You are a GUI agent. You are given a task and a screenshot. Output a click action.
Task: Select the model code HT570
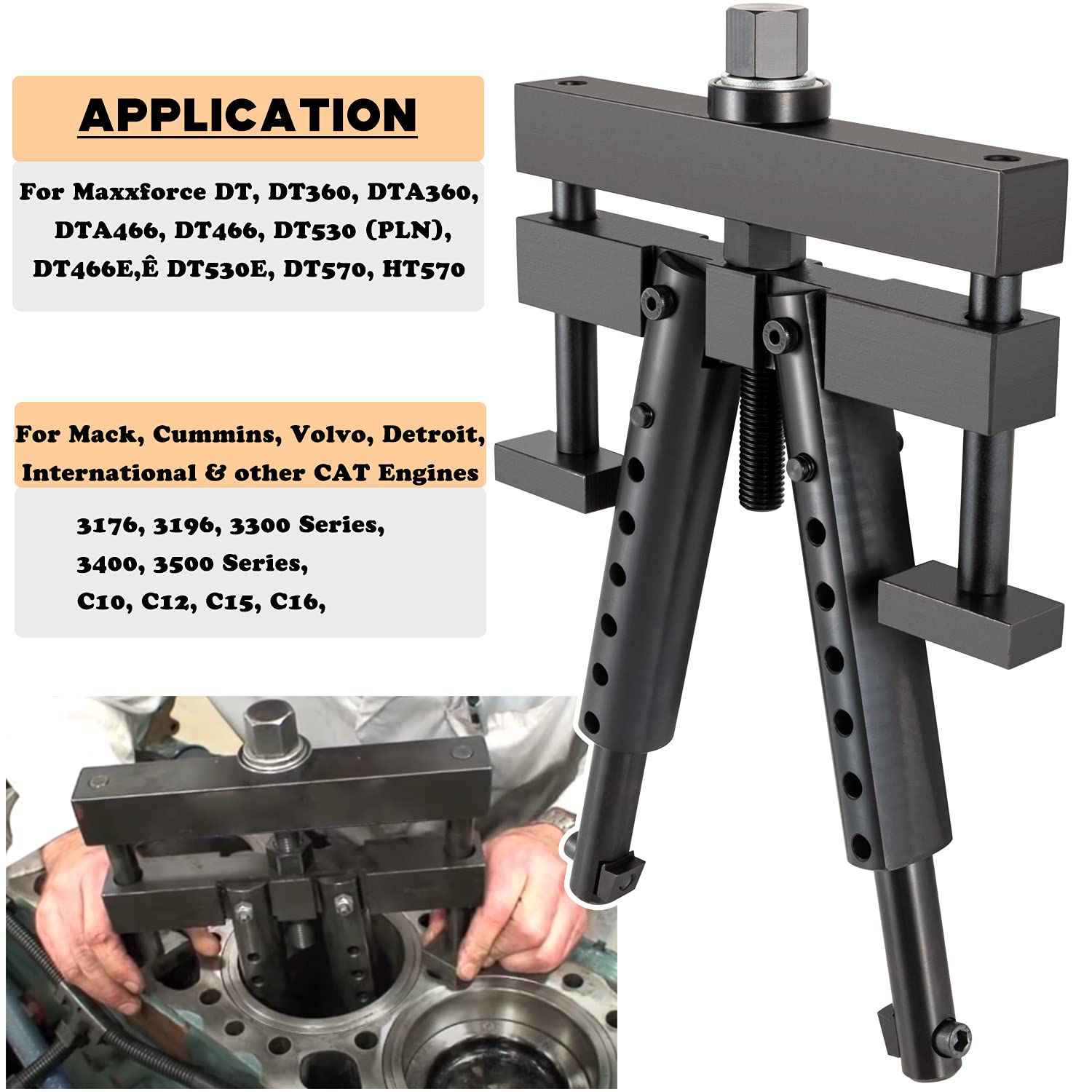[423, 269]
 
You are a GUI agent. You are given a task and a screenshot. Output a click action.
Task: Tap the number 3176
[108, 526]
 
